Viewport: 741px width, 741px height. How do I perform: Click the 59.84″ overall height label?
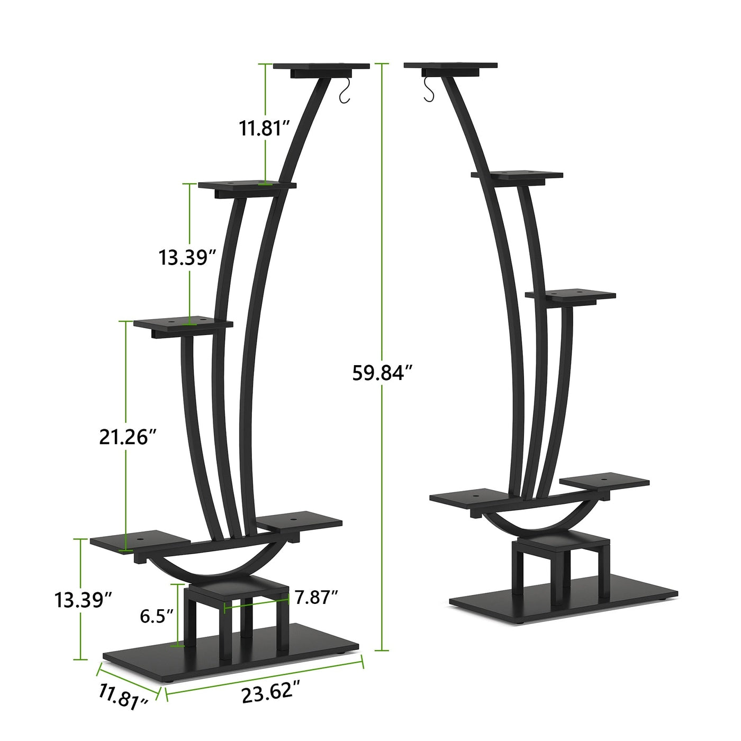[x=382, y=373]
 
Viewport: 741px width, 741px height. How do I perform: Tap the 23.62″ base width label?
[x=271, y=692]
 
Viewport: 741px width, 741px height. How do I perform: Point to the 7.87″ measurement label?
[x=317, y=598]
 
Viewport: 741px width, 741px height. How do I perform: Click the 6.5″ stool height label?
[x=157, y=616]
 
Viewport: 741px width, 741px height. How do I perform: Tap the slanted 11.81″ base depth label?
[x=123, y=697]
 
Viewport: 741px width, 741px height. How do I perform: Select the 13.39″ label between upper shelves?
[x=188, y=258]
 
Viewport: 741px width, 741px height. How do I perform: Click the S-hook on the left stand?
[x=345, y=91]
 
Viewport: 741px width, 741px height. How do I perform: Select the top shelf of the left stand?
[x=321, y=67]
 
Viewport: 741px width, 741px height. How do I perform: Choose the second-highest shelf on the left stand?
[x=247, y=185]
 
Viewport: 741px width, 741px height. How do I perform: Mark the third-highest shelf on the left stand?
[x=183, y=323]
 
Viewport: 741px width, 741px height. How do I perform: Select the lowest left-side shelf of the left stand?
[x=140, y=541]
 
